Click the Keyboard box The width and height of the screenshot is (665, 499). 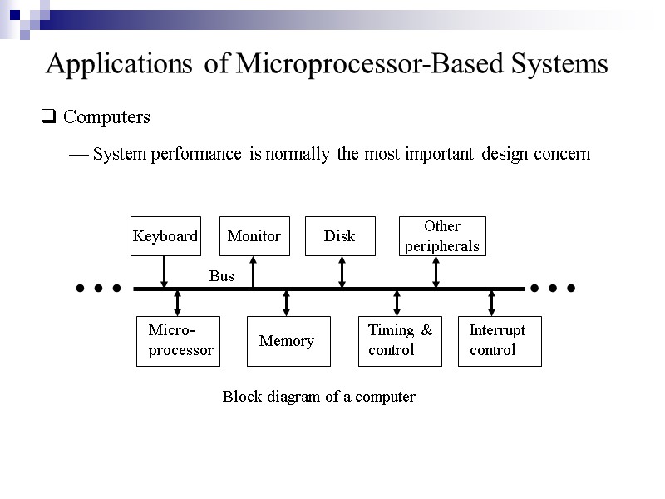pos(165,236)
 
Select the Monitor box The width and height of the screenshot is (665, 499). pos(254,236)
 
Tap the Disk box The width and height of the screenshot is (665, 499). pos(340,236)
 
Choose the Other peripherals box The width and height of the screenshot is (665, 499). pos(441,236)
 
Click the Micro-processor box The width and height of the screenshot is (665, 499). pos(177,341)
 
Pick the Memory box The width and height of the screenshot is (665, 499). pos(288,341)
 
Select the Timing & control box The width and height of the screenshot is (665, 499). pos(399,341)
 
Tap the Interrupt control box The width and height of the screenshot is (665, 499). pos(499,341)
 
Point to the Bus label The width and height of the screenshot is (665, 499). pos(221,276)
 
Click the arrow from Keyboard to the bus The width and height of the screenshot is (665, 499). pos(165,272)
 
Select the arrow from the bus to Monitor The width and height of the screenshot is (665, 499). pos(254,272)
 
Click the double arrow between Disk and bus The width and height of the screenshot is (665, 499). pos(342,272)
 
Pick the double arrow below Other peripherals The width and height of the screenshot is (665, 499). pos(436,272)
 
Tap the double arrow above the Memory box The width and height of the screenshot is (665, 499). pos(287,303)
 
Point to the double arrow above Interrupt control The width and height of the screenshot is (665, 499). pos(492,303)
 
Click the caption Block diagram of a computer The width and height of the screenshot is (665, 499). pos(318,397)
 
